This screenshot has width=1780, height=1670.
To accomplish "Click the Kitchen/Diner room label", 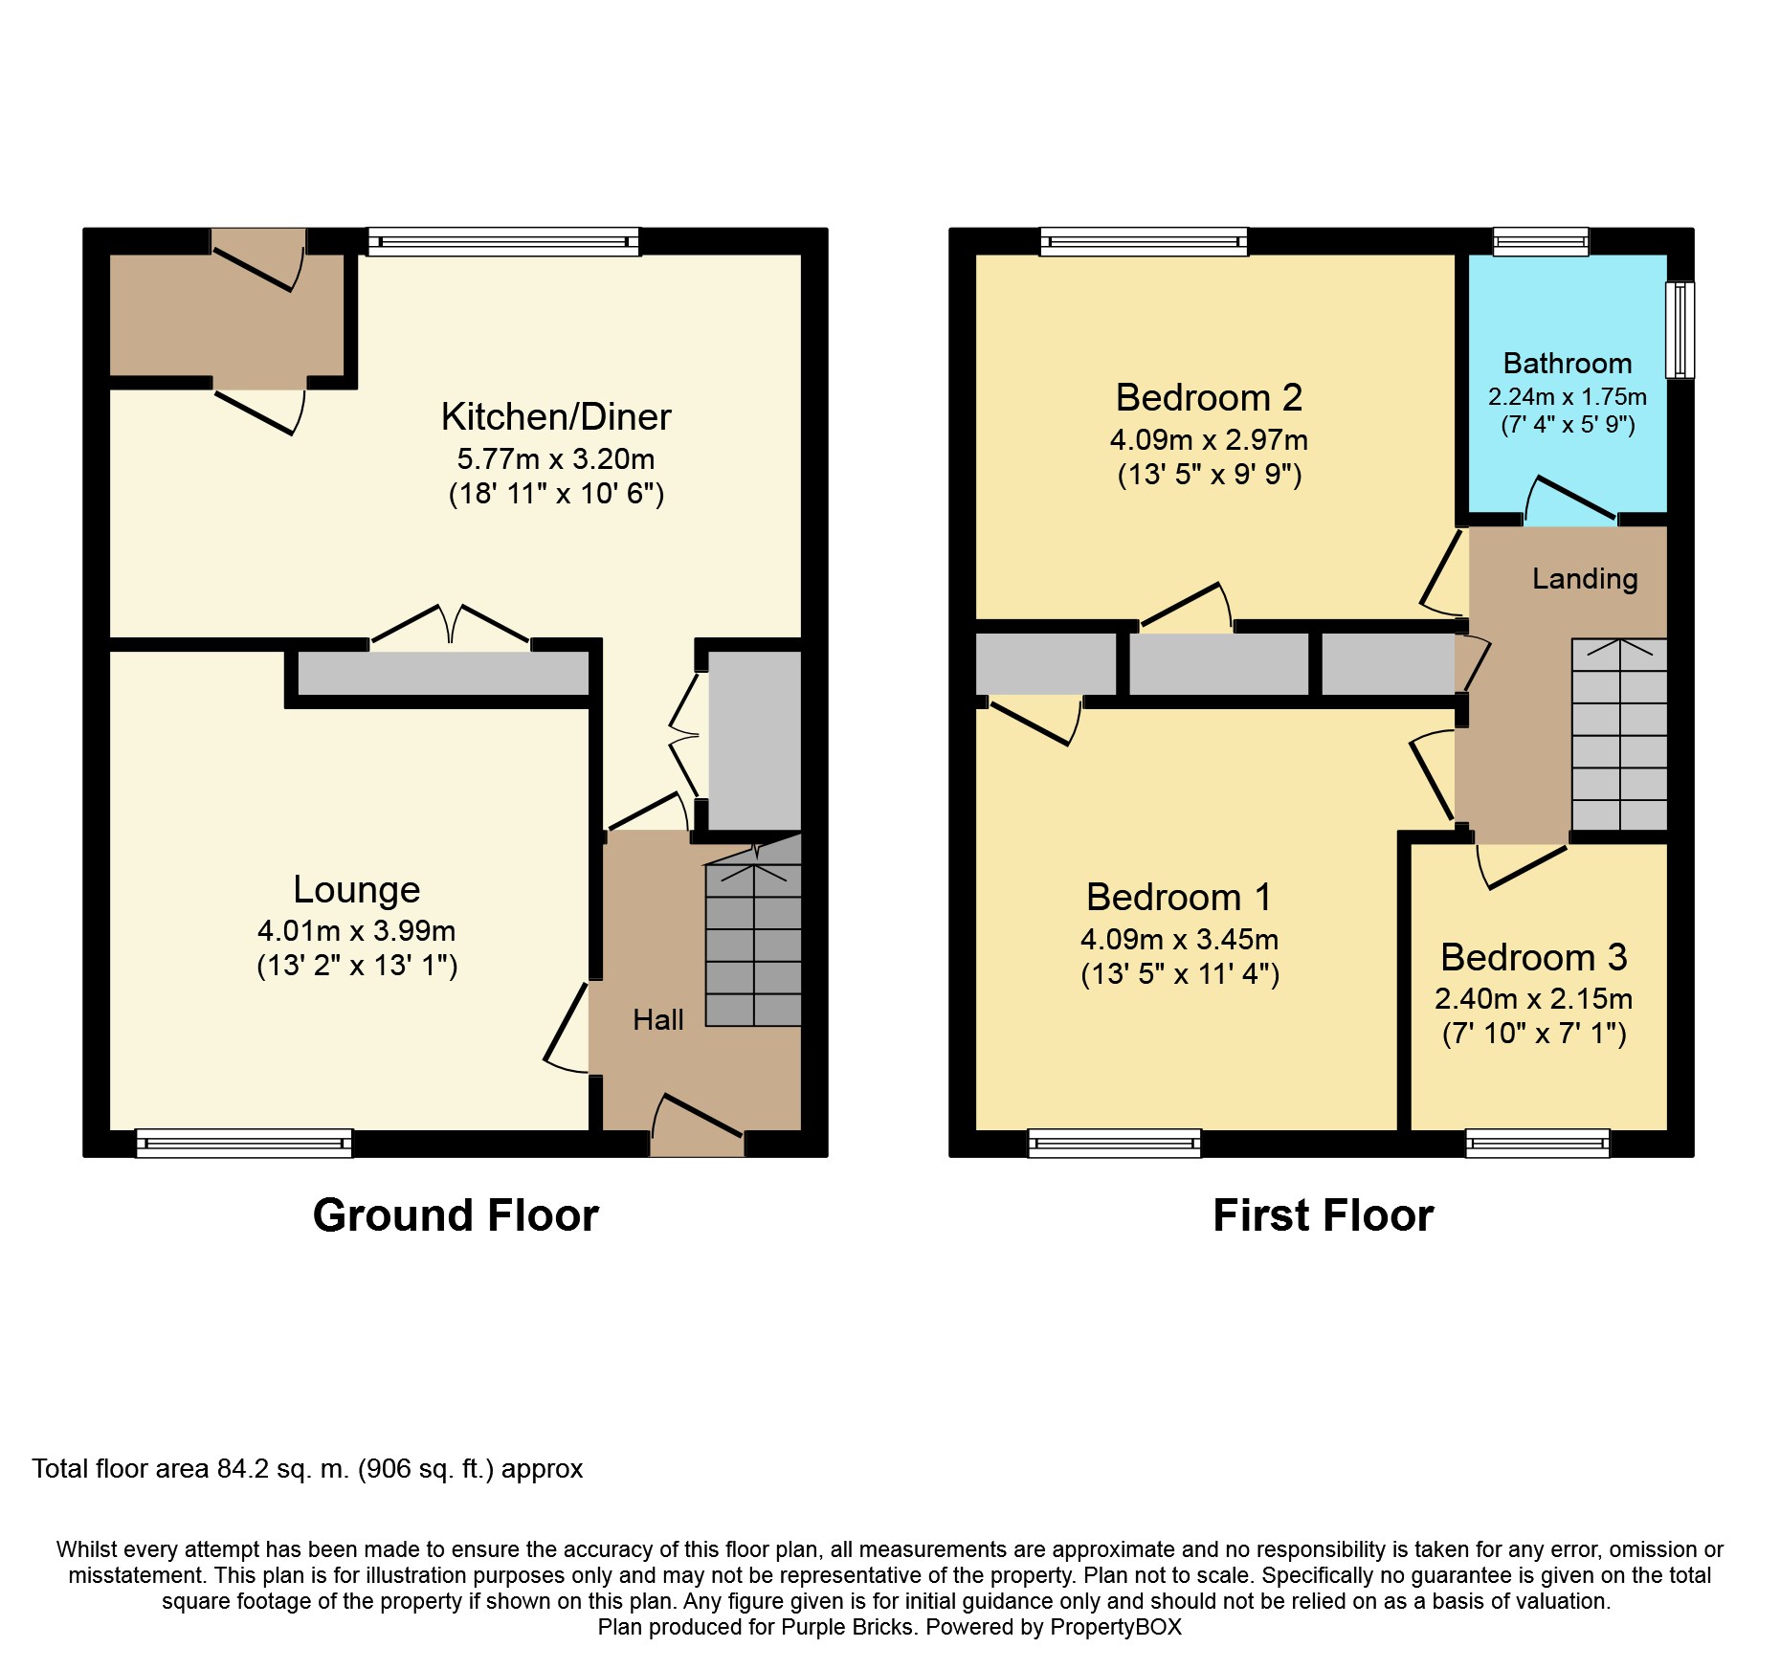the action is coord(556,417).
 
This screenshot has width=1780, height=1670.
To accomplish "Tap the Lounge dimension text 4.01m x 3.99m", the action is coord(357,930).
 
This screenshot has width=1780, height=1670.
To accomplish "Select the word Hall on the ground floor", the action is coord(658,1020).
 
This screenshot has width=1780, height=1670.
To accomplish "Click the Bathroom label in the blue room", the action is coord(1568,364).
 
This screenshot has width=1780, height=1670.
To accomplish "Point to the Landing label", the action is coord(1585,579).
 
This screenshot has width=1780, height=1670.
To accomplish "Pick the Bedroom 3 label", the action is coord(1534,957).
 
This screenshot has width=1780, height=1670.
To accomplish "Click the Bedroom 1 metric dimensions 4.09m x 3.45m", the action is coord(1180,939).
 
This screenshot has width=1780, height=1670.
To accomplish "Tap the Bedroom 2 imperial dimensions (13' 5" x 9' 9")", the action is coord(1210,475).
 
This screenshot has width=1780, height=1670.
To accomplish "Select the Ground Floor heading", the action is coord(456,1216).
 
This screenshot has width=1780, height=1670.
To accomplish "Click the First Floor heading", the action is coord(1324,1216).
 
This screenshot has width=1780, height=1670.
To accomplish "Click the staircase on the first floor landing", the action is coord(1619,734).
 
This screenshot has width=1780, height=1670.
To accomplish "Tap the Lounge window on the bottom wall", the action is coord(244,1143).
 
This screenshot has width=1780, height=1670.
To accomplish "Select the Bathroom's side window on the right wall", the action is coord(1680,329).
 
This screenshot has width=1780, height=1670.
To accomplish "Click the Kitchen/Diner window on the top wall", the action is coord(503,241).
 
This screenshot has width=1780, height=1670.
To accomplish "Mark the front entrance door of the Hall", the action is coord(698,1127).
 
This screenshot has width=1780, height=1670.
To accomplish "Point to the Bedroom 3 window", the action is coord(1538,1143).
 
